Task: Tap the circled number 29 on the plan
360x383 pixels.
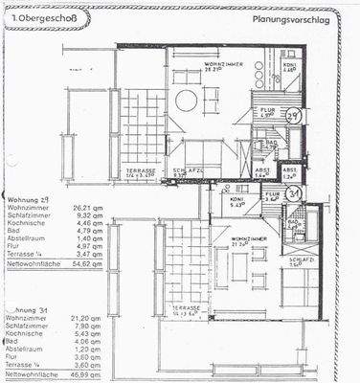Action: pos(296,115)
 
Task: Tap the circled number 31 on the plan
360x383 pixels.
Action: pos(296,191)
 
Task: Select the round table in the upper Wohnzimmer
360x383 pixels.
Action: pos(186,101)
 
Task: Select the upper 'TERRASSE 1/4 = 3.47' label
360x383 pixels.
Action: pos(142,174)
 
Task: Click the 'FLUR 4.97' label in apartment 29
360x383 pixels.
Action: pos(269,113)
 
